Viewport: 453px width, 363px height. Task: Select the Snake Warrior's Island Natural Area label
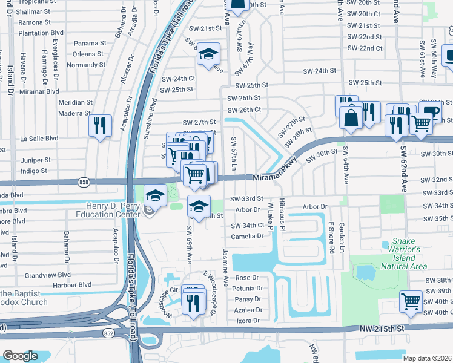coord(404,253)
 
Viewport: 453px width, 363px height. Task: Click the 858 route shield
coord(84,181)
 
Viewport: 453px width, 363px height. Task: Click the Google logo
coord(20,356)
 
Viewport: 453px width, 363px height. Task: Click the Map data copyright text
coord(426,358)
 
